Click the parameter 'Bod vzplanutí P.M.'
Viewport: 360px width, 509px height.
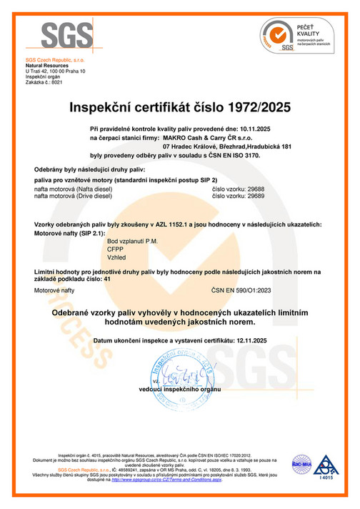(x=131, y=241)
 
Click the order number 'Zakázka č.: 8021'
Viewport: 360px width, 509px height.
(x=44, y=83)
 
